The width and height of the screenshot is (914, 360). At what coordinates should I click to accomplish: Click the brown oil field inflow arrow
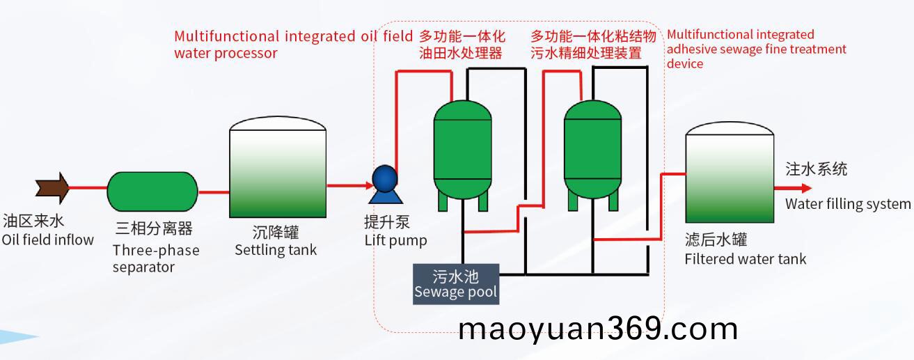52,188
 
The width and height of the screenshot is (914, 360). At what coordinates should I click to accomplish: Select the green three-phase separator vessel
152,191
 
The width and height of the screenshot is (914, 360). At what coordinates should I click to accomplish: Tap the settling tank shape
278,167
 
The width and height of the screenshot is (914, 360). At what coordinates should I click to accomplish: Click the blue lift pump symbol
385,185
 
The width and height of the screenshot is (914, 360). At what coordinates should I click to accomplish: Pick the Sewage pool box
456,284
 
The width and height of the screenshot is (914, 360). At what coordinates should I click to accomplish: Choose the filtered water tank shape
730,172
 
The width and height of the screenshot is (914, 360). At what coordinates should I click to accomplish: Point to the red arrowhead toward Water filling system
806,188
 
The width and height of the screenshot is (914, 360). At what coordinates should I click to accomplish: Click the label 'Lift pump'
395,240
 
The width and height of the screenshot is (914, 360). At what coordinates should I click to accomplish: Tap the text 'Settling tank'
276,250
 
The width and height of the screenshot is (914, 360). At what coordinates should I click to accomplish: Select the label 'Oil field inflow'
48,240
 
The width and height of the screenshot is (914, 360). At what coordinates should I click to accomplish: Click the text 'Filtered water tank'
746,259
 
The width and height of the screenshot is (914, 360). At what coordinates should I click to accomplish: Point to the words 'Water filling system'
848,203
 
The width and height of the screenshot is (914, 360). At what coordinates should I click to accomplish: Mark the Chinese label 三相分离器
154,228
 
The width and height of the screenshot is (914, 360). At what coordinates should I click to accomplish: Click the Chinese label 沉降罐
276,233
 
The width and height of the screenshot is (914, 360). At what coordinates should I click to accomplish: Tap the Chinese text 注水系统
817,169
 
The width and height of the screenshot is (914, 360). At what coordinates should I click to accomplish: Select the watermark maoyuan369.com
598,329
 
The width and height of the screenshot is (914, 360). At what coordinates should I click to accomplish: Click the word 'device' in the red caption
685,63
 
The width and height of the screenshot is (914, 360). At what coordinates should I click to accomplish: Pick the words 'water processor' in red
226,53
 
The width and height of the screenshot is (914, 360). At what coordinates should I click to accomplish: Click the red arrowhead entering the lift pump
370,186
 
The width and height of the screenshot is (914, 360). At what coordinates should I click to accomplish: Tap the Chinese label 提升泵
387,222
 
